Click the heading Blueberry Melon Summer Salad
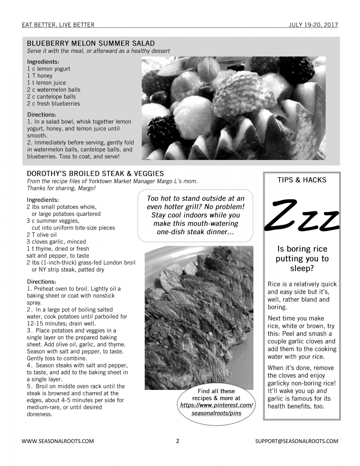point(91,43)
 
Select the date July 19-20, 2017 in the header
point(313,25)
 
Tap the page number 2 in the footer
point(178,441)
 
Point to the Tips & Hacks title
point(302,180)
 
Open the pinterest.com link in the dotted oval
point(216,405)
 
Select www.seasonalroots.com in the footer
point(58,441)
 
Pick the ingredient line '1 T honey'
point(40,76)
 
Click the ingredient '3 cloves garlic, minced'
point(56,242)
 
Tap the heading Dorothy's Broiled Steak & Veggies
point(95,173)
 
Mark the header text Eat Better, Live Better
point(58,25)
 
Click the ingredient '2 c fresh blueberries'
point(53,104)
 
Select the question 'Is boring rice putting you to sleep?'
point(302,258)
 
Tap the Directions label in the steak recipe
point(42,282)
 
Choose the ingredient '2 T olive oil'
point(42,235)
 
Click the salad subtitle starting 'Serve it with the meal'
point(98,51)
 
